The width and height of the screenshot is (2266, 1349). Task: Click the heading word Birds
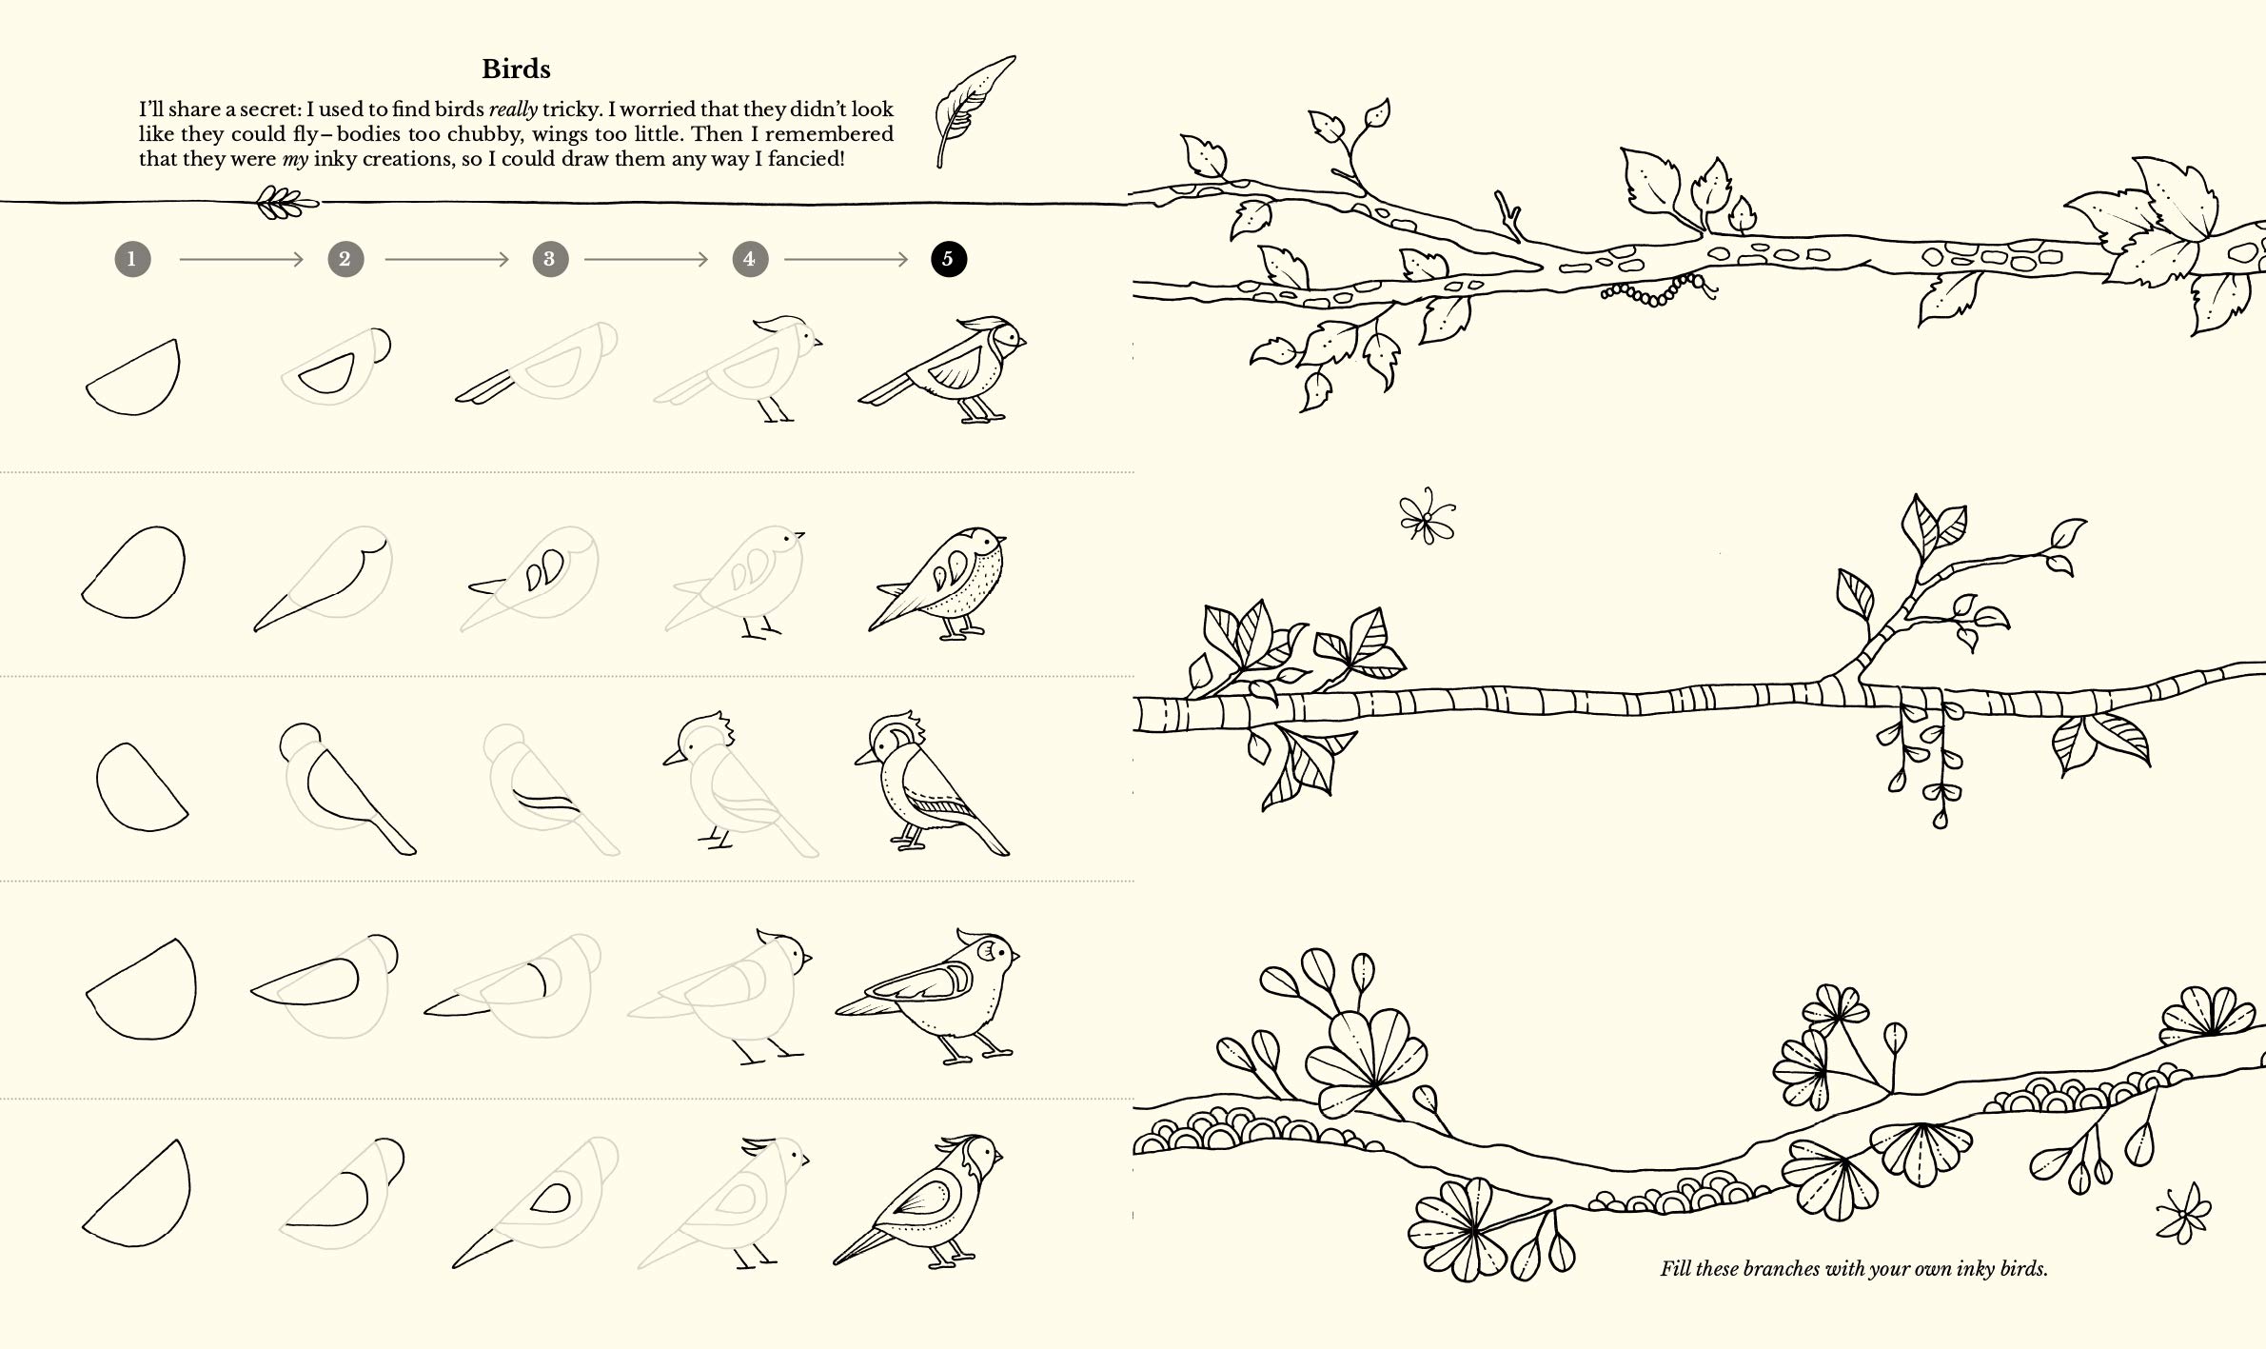(516, 69)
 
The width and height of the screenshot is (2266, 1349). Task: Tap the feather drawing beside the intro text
(973, 110)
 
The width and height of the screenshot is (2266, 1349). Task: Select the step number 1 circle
(132, 259)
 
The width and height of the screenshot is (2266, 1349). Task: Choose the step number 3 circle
(549, 259)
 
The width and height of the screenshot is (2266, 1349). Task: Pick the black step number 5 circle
(948, 259)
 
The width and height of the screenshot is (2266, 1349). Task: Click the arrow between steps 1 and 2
(241, 259)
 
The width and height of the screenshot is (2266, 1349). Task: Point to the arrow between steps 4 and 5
(846, 259)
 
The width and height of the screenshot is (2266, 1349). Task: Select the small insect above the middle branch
(1428, 516)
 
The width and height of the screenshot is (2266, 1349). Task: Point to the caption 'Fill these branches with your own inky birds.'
(1854, 1268)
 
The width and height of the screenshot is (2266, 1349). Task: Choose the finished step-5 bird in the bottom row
(918, 1201)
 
